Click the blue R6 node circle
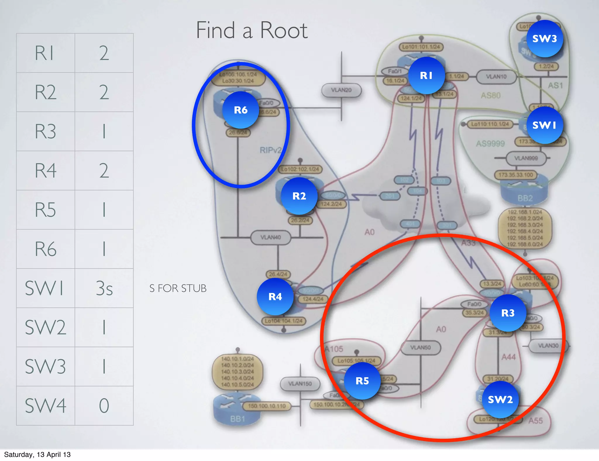(x=241, y=110)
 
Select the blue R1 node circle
(x=426, y=75)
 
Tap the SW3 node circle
(x=545, y=39)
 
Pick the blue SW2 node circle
(x=500, y=399)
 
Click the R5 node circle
(x=362, y=381)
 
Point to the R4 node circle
(x=275, y=297)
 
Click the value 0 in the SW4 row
(x=104, y=406)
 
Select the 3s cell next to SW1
(x=104, y=288)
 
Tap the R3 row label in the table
(x=45, y=131)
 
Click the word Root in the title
(x=283, y=30)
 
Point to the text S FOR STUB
(x=178, y=288)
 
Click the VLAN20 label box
(x=341, y=90)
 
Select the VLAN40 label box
(x=271, y=237)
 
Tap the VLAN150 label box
(x=300, y=383)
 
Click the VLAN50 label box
(x=420, y=348)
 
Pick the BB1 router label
(x=237, y=419)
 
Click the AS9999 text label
(x=490, y=144)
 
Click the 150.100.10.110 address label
(x=267, y=406)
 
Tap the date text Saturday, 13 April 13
(x=37, y=455)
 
